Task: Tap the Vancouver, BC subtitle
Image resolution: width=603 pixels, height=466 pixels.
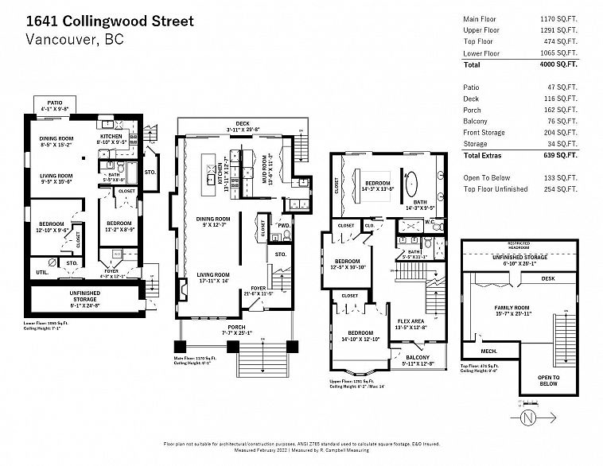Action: tap(75, 41)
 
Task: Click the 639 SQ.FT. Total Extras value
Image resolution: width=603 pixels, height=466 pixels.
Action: tap(558, 156)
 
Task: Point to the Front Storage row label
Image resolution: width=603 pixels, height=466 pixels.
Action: tap(487, 132)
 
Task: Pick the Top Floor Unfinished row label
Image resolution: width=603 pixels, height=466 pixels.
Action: tap(495, 189)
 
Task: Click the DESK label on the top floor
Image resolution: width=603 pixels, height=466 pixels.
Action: tap(548, 279)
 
